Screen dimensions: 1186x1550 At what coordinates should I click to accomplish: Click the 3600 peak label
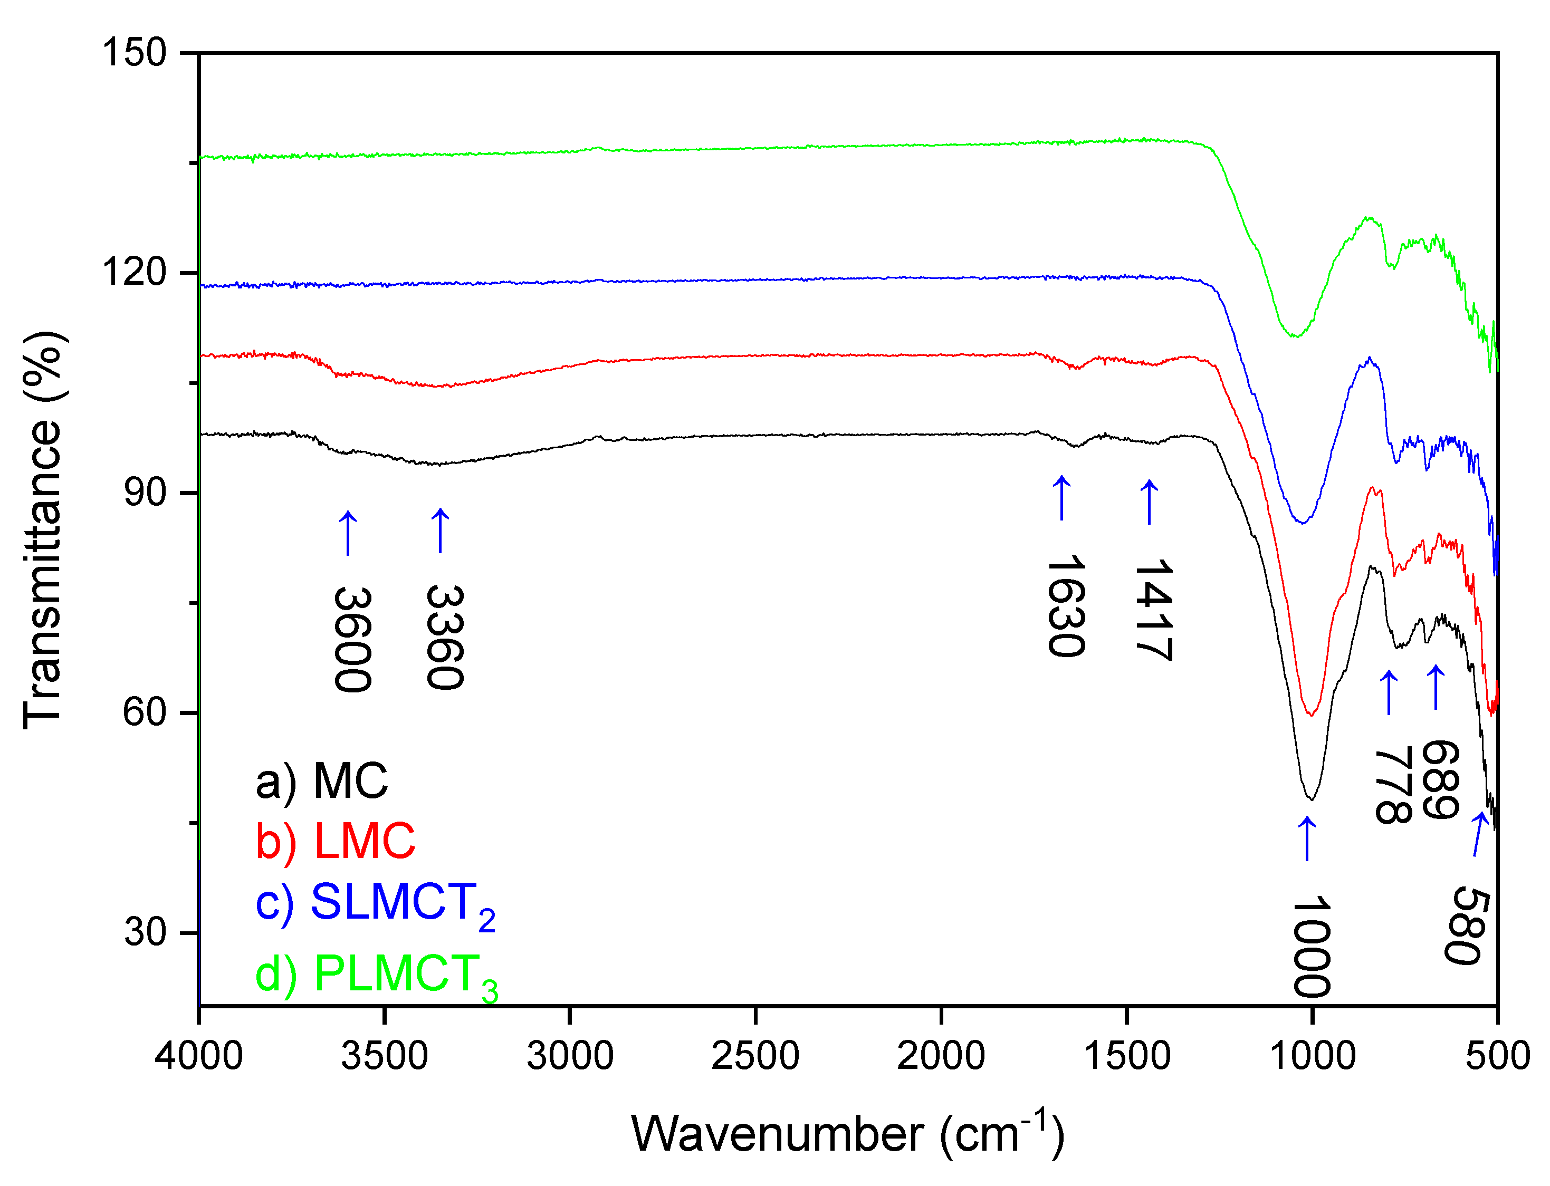(x=352, y=640)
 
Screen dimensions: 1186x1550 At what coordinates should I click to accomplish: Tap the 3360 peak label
(x=444, y=638)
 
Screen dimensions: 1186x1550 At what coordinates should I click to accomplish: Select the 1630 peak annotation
(x=1064, y=606)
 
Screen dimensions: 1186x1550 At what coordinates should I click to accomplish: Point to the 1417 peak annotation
(x=1152, y=609)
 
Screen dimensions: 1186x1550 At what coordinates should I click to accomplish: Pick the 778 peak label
(x=1393, y=784)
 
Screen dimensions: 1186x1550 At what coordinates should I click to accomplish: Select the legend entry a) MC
(x=321, y=782)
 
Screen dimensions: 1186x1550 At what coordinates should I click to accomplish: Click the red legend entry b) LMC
(x=336, y=842)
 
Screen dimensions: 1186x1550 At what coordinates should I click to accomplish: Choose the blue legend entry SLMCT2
(x=374, y=904)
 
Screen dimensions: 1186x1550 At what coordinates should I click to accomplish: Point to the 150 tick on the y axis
(x=134, y=52)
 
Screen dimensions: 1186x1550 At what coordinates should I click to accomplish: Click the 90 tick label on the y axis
(x=145, y=492)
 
